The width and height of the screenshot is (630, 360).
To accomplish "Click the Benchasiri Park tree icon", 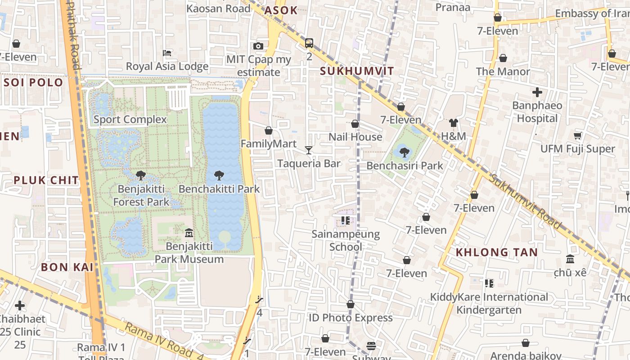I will click(404, 152).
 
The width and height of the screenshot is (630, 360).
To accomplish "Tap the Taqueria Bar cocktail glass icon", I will click(309, 150).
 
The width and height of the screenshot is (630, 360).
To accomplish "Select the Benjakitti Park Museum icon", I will click(189, 233).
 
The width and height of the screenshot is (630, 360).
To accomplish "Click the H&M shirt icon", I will click(453, 123).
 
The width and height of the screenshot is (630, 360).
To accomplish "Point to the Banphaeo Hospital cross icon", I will click(537, 92).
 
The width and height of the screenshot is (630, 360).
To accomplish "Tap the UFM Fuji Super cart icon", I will click(578, 135).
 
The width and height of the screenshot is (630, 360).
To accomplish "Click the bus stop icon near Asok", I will click(309, 43).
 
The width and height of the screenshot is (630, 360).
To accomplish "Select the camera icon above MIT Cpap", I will click(258, 46).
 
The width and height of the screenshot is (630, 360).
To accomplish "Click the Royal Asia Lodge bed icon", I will click(167, 53).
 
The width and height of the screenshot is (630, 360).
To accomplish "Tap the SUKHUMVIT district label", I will click(357, 71).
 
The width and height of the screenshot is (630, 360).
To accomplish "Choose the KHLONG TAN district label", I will click(497, 252).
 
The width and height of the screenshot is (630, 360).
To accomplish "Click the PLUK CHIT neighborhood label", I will click(46, 180).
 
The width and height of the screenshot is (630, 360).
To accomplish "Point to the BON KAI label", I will click(67, 267).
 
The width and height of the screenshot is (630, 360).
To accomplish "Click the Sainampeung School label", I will click(346, 240).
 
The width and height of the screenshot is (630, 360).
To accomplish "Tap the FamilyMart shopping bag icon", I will click(269, 130).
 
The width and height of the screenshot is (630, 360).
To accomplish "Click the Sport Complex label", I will click(130, 120).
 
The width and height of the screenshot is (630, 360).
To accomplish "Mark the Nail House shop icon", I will click(355, 124).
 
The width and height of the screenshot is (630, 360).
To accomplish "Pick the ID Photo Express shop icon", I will click(350, 305).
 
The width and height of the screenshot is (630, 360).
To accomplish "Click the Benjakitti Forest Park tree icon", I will click(141, 175).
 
